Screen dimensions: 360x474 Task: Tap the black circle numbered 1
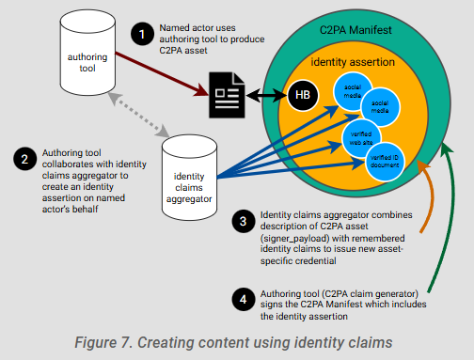click(x=143, y=36)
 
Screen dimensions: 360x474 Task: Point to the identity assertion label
click(x=354, y=62)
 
